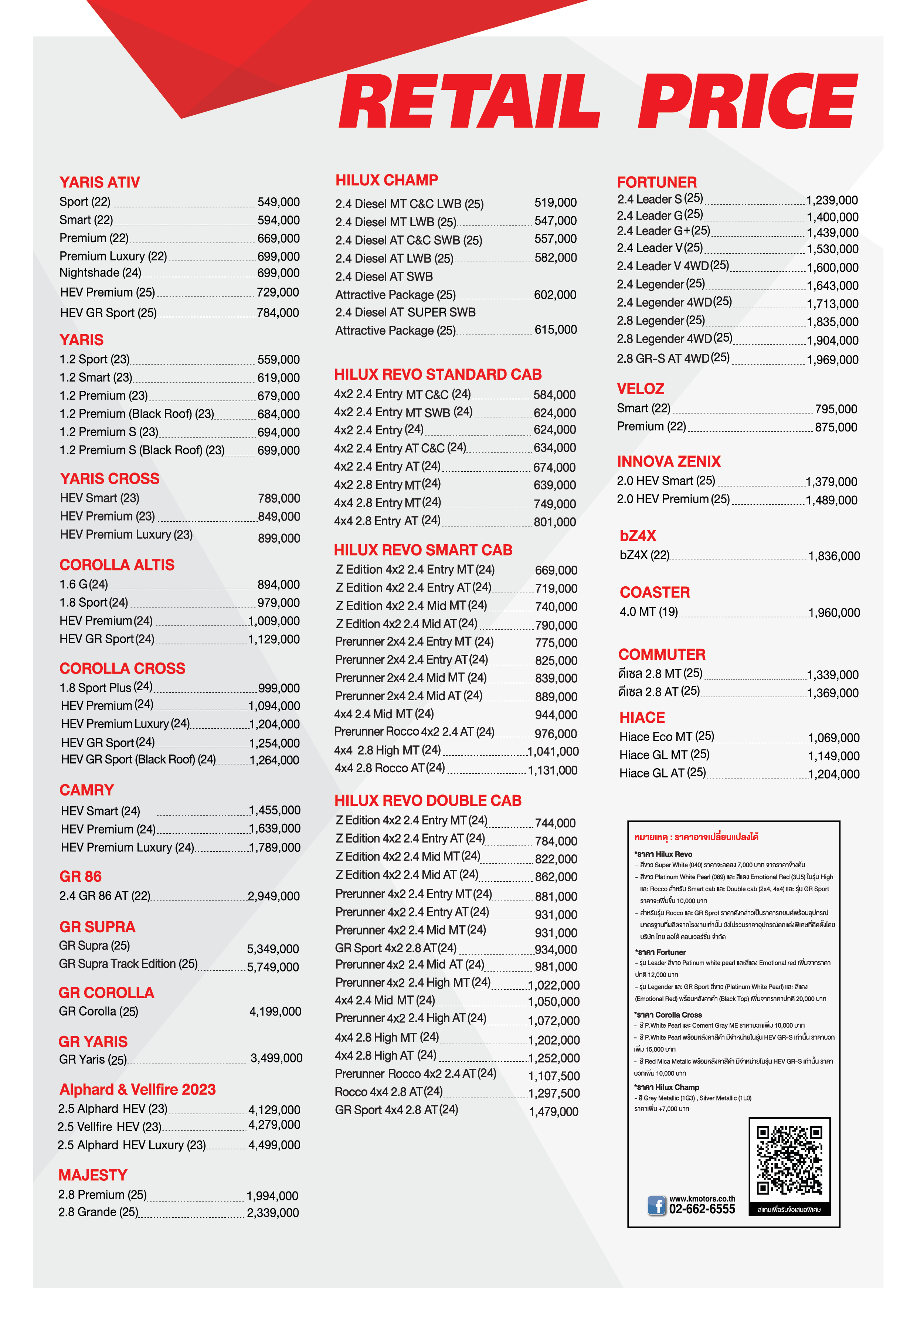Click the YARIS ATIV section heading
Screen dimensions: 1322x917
(x=99, y=182)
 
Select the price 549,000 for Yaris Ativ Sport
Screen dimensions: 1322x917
(x=278, y=202)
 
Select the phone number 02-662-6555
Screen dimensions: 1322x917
(x=702, y=1209)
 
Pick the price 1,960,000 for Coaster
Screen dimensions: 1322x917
(x=834, y=613)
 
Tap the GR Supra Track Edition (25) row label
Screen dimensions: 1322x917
(x=128, y=963)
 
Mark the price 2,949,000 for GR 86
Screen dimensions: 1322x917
(x=274, y=896)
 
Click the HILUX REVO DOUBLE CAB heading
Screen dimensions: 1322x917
(x=428, y=800)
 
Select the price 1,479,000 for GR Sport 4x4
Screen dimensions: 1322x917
(x=553, y=1112)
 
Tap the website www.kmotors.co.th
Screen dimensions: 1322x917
(x=702, y=1199)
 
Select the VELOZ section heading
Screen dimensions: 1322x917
(x=640, y=389)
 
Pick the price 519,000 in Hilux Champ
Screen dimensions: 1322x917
(x=555, y=202)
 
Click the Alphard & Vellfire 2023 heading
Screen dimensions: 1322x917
(x=137, y=1089)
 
